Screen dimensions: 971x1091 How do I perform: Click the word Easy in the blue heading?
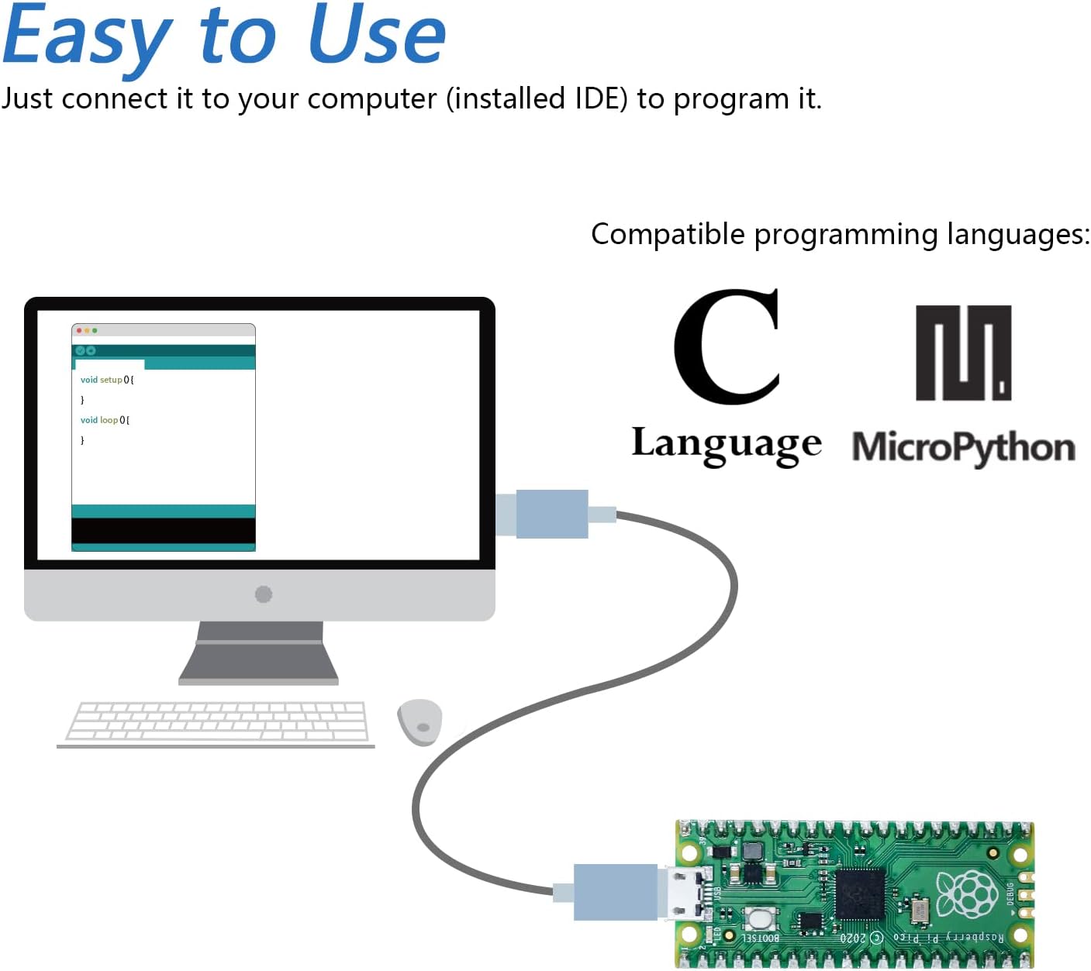[87, 37]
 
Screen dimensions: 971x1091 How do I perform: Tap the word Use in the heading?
[377, 36]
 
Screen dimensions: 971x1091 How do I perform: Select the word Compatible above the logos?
[668, 234]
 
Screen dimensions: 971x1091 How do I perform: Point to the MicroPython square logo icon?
[963, 353]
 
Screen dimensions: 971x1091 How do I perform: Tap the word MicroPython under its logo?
[963, 448]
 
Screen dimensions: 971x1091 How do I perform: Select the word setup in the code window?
[112, 380]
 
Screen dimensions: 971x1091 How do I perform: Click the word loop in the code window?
[109, 420]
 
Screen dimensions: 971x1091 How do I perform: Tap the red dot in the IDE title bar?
[79, 331]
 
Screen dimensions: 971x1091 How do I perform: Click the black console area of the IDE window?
[163, 531]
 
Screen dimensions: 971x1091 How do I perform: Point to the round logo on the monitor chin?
[264, 594]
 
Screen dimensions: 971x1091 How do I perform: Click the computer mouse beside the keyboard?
[419, 721]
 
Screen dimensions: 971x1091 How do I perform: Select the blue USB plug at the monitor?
[551, 514]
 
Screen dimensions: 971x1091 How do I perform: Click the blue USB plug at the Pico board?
[616, 892]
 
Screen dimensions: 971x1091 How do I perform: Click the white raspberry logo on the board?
[967, 894]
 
